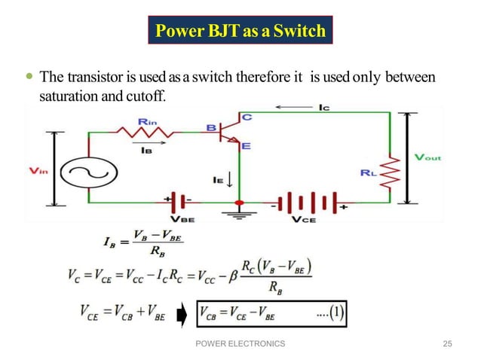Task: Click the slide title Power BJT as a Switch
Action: pos(240,31)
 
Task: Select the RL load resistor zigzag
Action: pos(390,175)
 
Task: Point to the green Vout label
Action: pos(428,157)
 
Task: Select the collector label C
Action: pos(247,117)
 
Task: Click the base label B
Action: pos(211,128)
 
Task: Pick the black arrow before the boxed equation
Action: pos(182,314)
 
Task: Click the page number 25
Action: pos(447,343)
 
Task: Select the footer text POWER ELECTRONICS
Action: pos(240,343)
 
